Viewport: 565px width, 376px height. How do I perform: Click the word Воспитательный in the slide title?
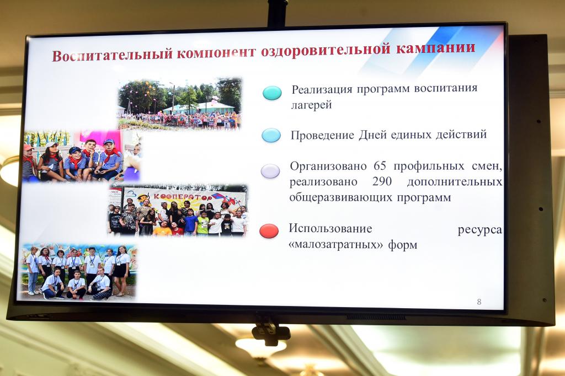click(x=113, y=55)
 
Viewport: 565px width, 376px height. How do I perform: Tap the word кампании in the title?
click(x=436, y=49)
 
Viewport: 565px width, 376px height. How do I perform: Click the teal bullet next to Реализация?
click(x=272, y=93)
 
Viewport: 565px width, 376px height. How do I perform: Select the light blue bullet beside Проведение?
click(x=271, y=136)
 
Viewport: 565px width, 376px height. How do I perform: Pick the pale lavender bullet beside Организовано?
click(x=270, y=171)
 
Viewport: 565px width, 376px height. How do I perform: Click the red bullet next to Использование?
click(x=269, y=231)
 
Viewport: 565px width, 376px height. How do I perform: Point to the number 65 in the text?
click(x=380, y=165)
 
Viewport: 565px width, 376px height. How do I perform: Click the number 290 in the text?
click(x=382, y=181)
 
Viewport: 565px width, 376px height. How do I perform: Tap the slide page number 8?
click(x=479, y=302)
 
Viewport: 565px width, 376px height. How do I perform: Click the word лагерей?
click(x=311, y=105)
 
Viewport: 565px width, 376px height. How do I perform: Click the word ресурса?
click(x=479, y=230)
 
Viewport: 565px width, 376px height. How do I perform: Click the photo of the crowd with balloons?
click(x=180, y=104)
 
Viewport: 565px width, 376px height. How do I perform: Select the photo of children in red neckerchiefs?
click(x=82, y=156)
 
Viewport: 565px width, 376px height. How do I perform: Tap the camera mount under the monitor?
click(x=271, y=330)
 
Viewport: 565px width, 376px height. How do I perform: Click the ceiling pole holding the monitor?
click(x=277, y=13)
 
